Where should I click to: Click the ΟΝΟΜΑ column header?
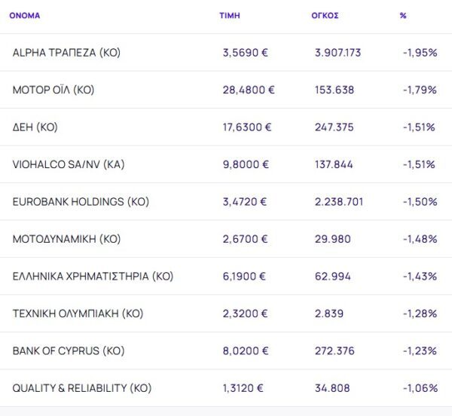25,15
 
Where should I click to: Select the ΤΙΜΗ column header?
229,15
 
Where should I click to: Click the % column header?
403,15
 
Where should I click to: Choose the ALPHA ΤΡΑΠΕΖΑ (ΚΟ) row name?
66,53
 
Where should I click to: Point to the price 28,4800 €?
249,90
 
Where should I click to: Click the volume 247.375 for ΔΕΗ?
334,127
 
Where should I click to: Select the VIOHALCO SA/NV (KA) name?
69,164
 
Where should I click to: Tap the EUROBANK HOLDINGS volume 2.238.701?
338,202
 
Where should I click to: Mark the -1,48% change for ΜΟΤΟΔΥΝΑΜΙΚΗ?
420,239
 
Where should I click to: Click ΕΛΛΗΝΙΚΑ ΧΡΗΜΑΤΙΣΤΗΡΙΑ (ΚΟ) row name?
93,277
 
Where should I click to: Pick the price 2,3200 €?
245,314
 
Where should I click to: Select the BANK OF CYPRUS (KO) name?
69,351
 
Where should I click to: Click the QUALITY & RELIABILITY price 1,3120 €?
243,388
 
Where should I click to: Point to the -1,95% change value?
420,53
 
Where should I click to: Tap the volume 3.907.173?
338,53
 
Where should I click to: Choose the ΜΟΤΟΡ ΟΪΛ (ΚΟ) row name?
53,90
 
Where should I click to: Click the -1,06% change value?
420,388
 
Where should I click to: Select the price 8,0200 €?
245,351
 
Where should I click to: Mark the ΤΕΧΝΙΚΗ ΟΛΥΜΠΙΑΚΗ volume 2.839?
329,314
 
